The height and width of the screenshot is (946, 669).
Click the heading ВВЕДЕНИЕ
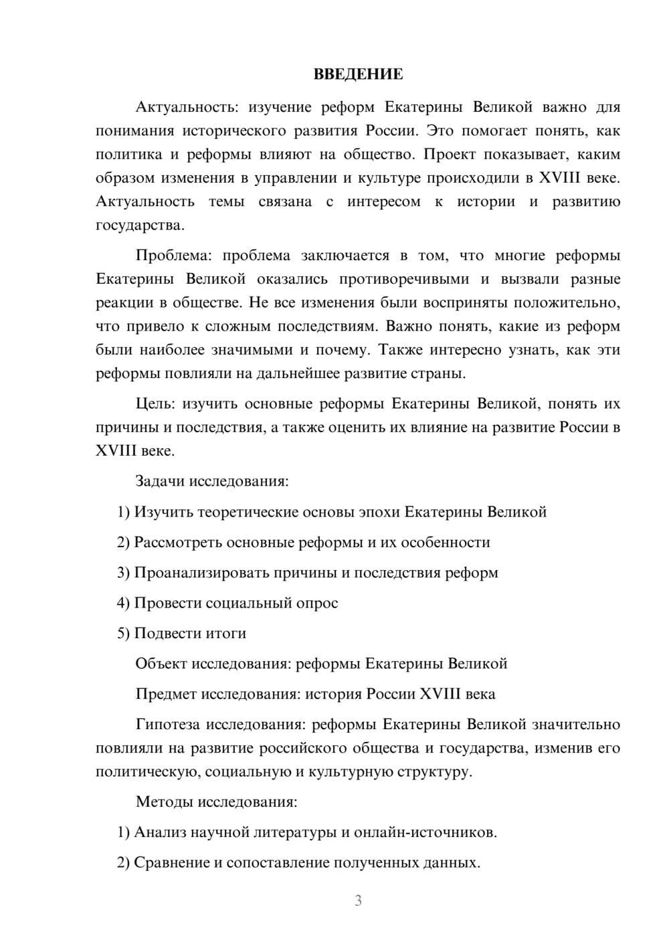point(358,74)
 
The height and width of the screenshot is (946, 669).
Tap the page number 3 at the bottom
point(358,901)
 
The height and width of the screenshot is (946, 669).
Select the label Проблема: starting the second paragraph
point(175,256)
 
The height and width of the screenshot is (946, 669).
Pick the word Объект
point(161,664)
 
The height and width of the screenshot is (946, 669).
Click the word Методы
point(161,801)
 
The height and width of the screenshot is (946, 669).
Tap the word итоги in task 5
point(226,634)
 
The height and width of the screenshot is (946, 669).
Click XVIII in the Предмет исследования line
point(440,694)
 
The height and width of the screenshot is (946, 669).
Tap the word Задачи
point(160,482)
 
